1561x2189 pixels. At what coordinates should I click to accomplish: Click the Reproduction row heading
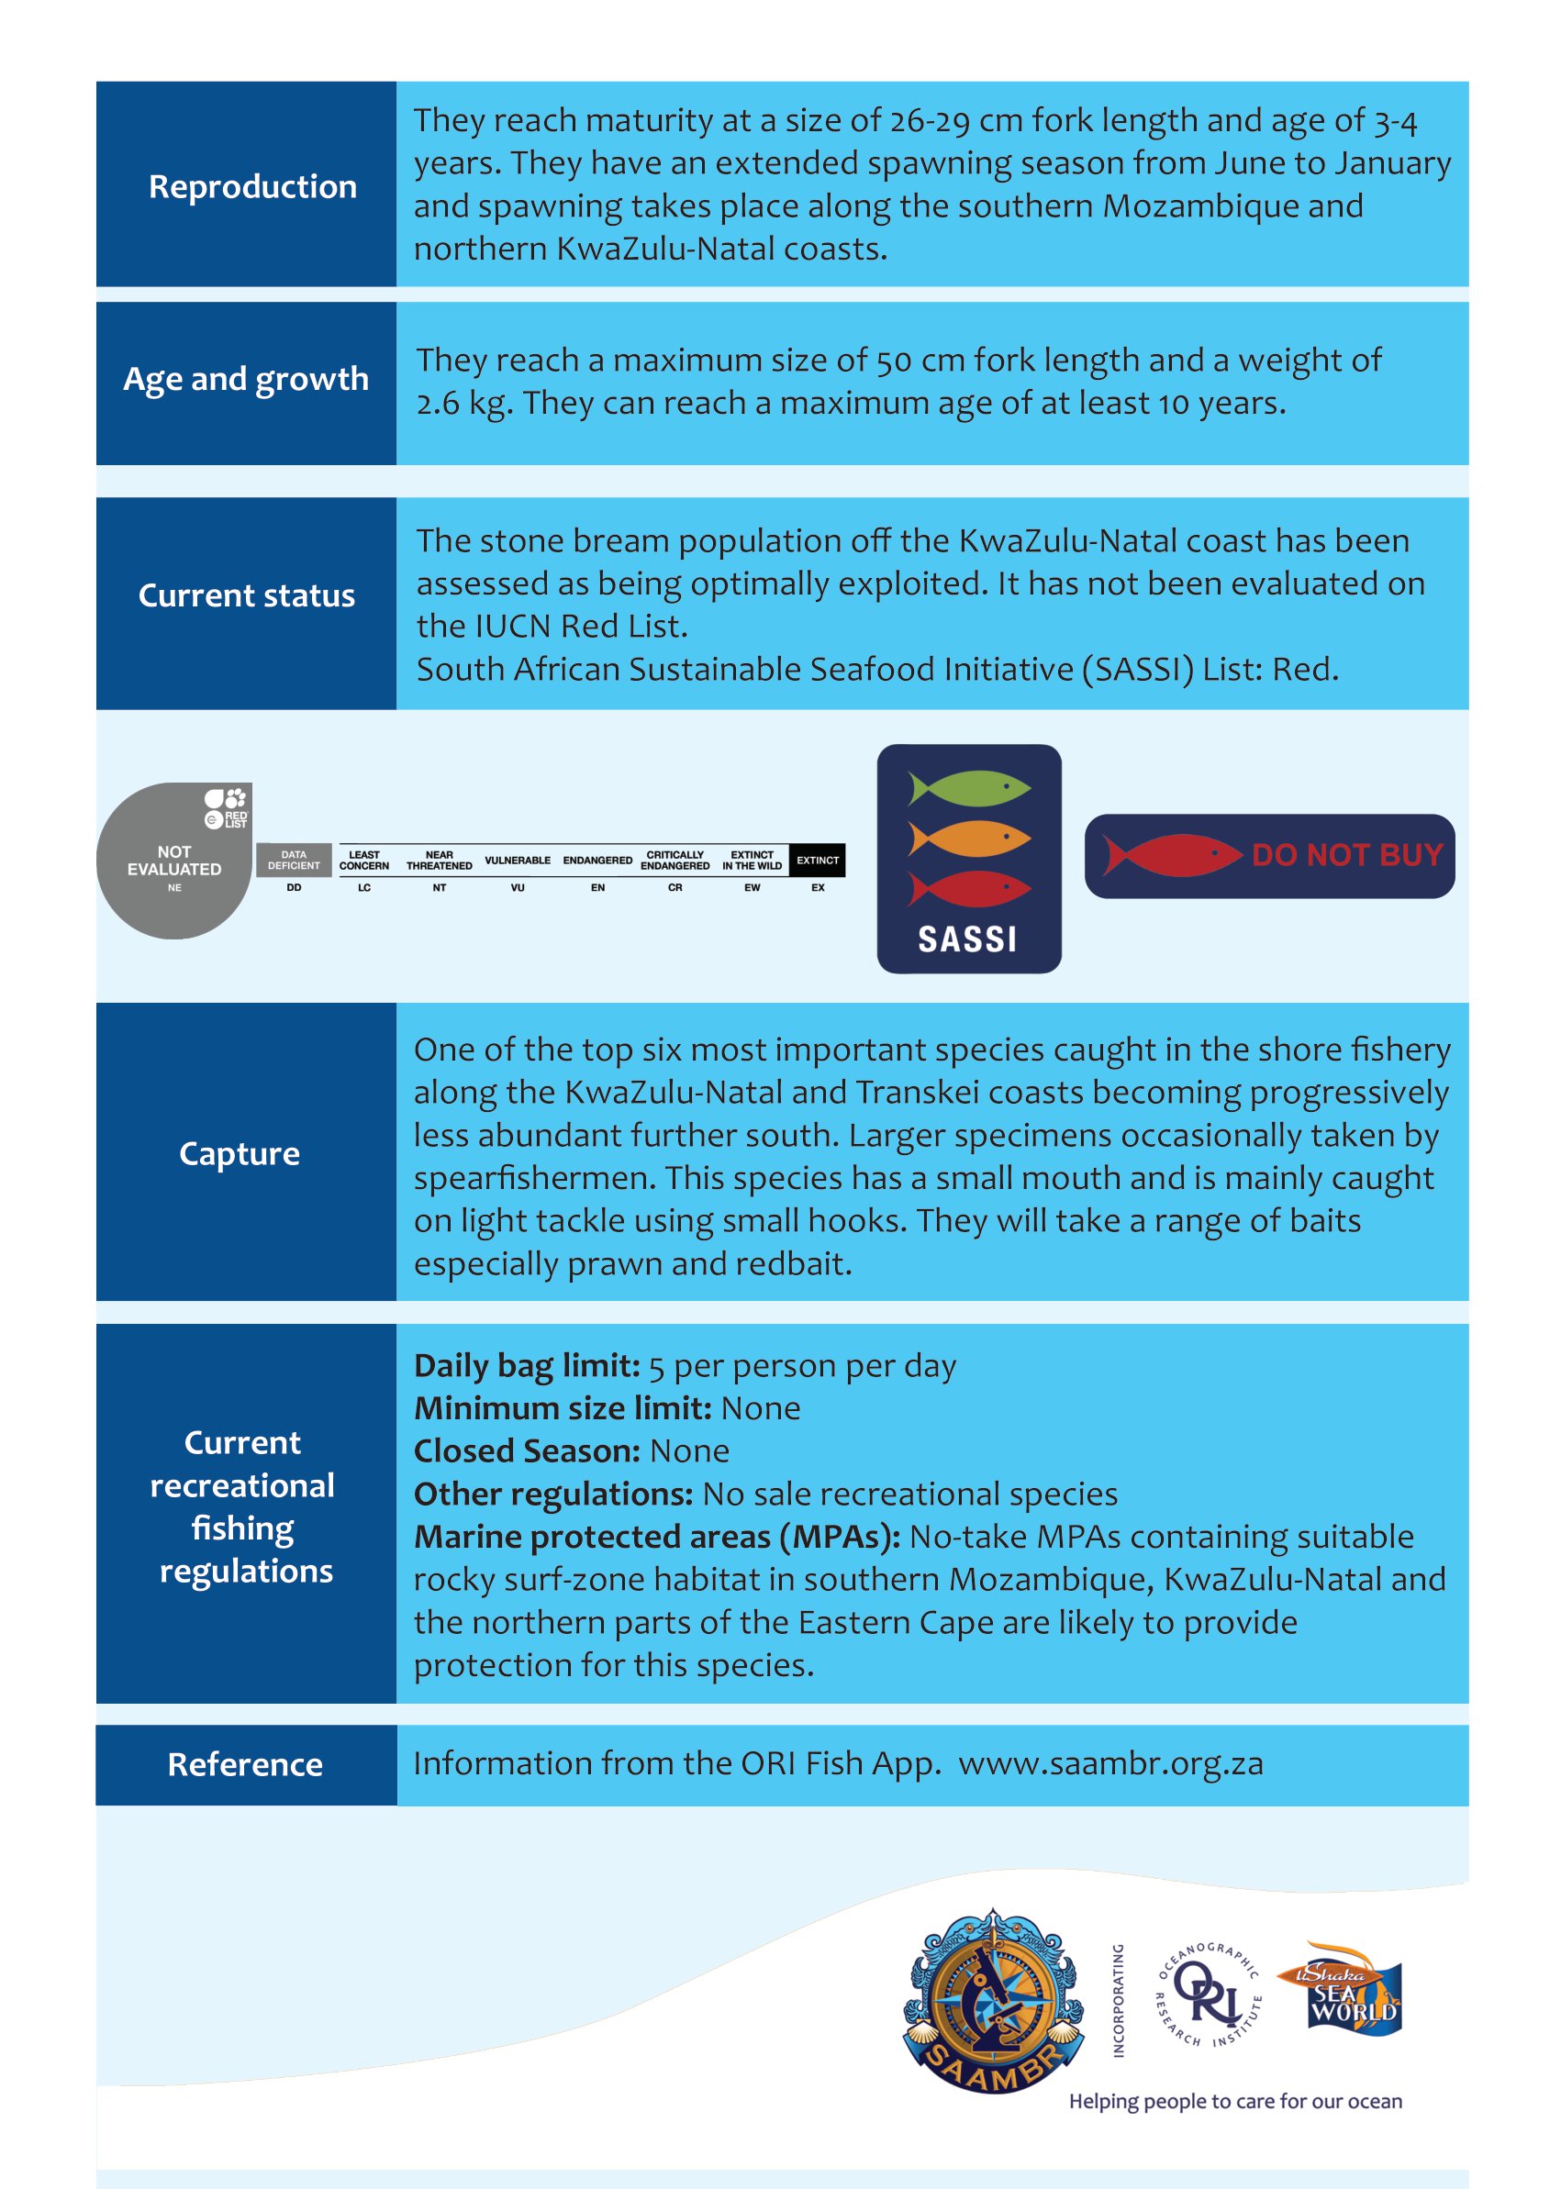(251, 186)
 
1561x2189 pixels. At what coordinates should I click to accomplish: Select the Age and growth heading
(246, 380)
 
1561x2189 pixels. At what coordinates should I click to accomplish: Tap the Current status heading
(246, 595)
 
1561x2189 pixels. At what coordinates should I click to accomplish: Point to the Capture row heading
(240, 1153)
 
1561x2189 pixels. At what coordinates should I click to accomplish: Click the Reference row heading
(245, 1765)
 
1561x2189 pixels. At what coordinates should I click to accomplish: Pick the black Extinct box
(817, 860)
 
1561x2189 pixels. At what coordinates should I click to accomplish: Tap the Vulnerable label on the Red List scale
(518, 860)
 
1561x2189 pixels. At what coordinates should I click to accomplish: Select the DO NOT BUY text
(1346, 854)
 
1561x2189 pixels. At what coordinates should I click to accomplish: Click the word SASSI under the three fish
(967, 939)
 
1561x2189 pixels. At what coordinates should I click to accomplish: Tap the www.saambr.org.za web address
(1110, 1764)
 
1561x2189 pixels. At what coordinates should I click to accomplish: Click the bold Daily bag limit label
(527, 1365)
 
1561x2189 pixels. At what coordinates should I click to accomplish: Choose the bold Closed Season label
(527, 1451)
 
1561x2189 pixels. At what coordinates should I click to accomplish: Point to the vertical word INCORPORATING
(1118, 2000)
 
